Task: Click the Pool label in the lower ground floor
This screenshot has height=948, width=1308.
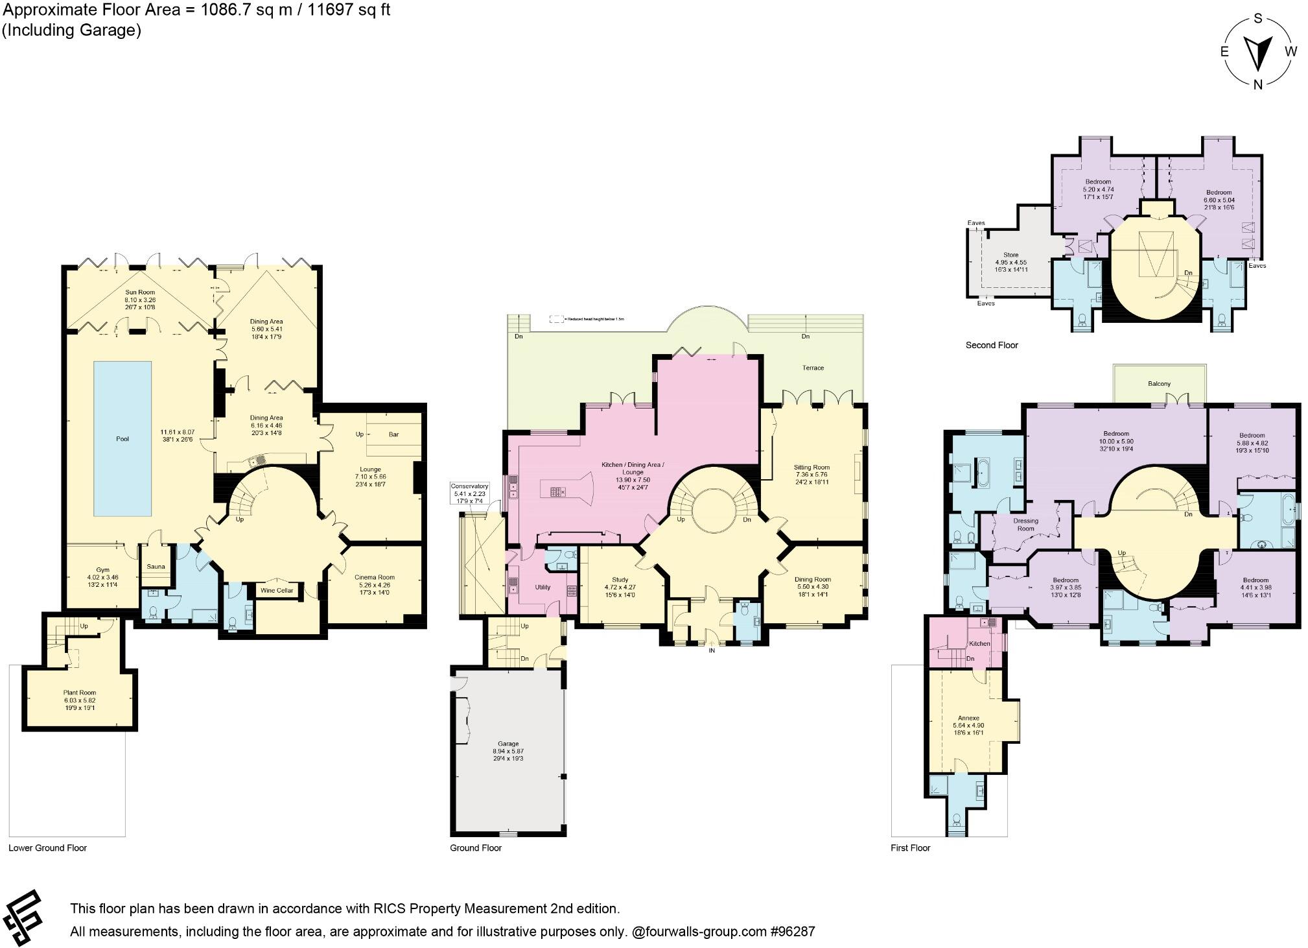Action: pos(123,439)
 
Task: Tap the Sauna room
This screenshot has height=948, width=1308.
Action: pos(156,566)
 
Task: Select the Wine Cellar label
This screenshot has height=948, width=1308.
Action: pos(277,590)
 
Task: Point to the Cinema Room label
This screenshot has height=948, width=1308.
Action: pos(374,577)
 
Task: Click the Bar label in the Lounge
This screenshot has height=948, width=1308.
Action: pos(393,434)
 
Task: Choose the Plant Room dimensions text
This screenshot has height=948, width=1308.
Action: pos(80,704)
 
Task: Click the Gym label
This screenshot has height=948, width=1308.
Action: pos(102,570)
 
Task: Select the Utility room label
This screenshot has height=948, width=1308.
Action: pos(543,587)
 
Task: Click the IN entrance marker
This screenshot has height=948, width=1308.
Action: pos(712,650)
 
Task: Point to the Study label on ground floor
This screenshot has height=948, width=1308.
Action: pos(620,580)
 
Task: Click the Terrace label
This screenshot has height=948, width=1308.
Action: pos(813,368)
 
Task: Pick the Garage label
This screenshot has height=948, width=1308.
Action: pos(508,744)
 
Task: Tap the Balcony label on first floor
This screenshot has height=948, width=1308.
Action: pos(1159,384)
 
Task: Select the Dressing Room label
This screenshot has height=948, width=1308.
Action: pos(1025,525)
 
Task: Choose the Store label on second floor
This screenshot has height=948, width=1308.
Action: pos(1010,255)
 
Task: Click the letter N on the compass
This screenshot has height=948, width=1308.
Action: pos(1257,84)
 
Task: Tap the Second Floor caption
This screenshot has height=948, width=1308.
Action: pos(992,345)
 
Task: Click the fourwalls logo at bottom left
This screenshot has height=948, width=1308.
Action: pos(23,918)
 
